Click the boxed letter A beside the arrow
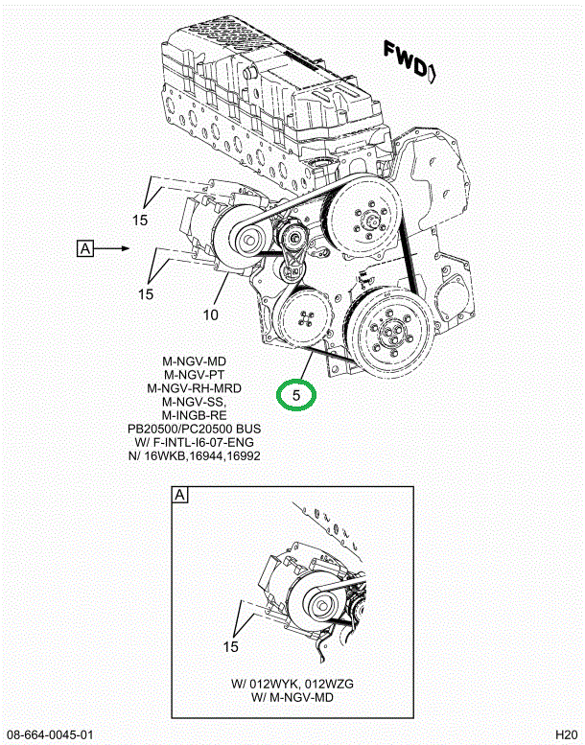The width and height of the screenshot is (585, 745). click(84, 248)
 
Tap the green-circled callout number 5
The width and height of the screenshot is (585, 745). click(297, 394)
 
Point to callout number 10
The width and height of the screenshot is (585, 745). click(210, 314)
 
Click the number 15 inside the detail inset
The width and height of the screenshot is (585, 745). click(230, 647)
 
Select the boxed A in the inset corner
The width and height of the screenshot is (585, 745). click(179, 495)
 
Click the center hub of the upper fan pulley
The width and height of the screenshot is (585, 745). click(368, 224)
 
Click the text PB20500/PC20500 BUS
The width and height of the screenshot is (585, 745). click(201, 429)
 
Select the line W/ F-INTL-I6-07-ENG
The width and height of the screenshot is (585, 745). click(201, 442)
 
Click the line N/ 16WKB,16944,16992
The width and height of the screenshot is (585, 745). click(201, 455)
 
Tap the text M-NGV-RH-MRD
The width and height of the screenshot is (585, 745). click(201, 388)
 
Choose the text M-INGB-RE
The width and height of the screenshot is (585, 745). click(201, 415)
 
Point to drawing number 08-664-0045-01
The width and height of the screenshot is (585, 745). click(49, 735)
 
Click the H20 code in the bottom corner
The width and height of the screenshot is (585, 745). click(566, 735)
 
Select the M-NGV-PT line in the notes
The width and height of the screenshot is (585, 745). click(201, 375)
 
